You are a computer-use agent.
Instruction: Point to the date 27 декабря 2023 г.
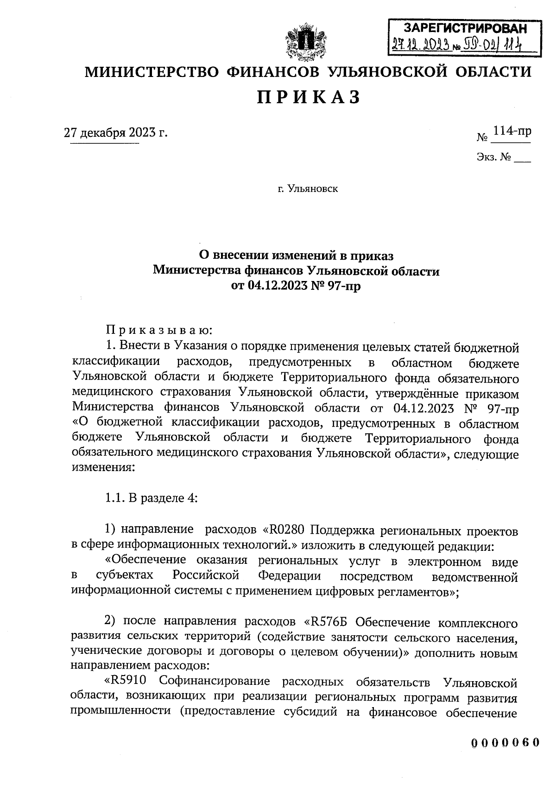point(115,133)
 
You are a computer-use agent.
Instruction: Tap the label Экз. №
point(493,158)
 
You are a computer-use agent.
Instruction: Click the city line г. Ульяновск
point(308,189)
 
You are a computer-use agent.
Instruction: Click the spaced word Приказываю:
point(159,331)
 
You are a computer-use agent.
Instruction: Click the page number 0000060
point(505,742)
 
